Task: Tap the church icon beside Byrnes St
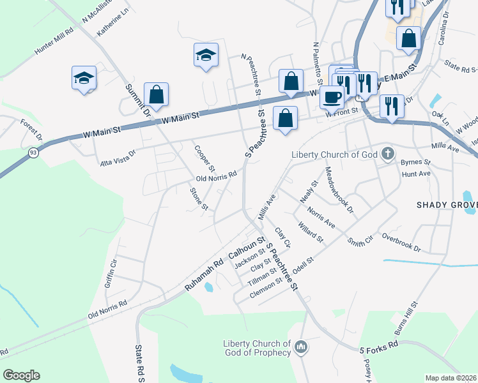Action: (387, 153)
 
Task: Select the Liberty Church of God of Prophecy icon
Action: (302, 347)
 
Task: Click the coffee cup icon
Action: (332, 97)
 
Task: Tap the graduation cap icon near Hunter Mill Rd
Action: (84, 78)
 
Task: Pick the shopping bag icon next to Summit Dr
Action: (156, 95)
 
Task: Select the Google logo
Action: (22, 375)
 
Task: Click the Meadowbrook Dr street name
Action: (339, 190)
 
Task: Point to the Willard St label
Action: (311, 233)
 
